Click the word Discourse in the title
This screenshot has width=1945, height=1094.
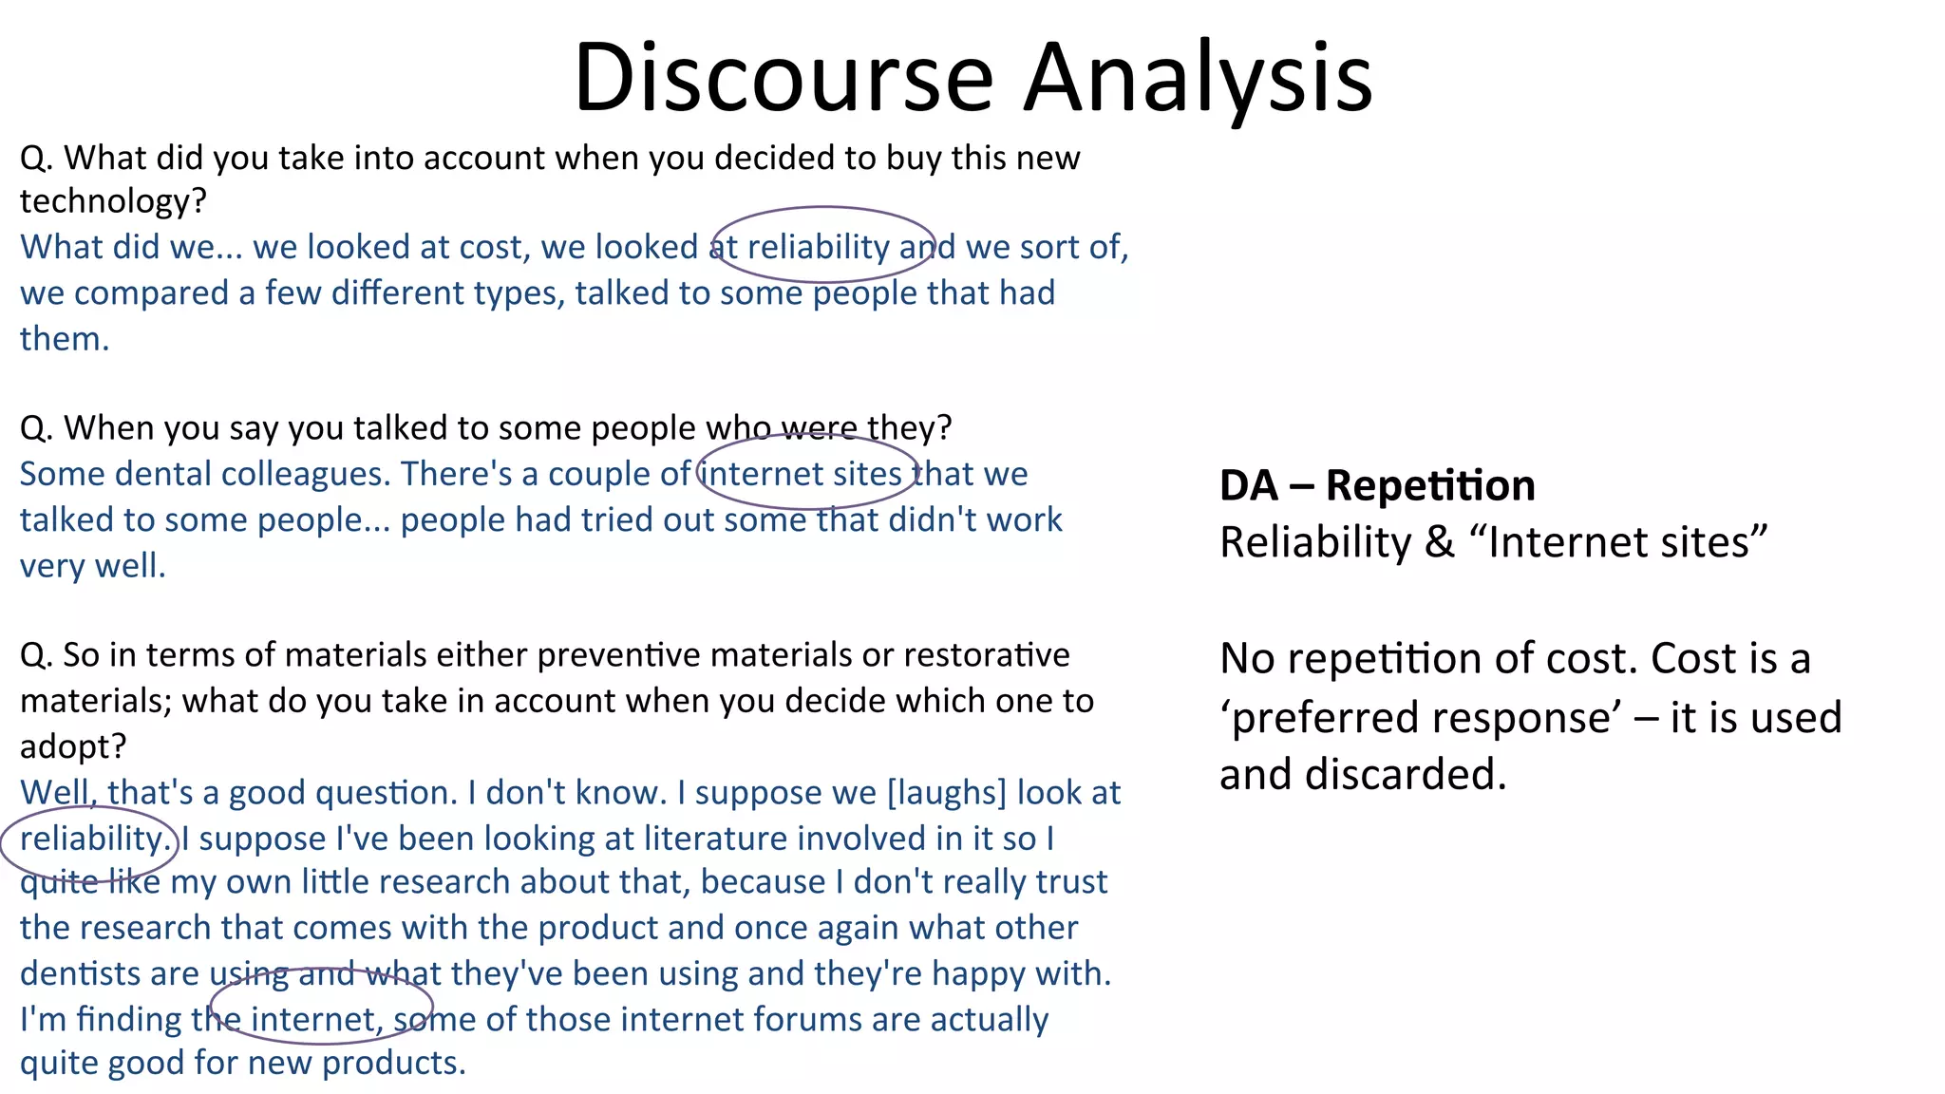784,78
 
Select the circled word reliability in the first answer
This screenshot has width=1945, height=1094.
819,247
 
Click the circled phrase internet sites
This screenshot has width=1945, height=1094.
803,473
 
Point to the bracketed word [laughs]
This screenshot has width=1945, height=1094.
946,792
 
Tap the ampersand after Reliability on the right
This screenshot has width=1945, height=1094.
1440,542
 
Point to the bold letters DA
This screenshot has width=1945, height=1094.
1248,485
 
